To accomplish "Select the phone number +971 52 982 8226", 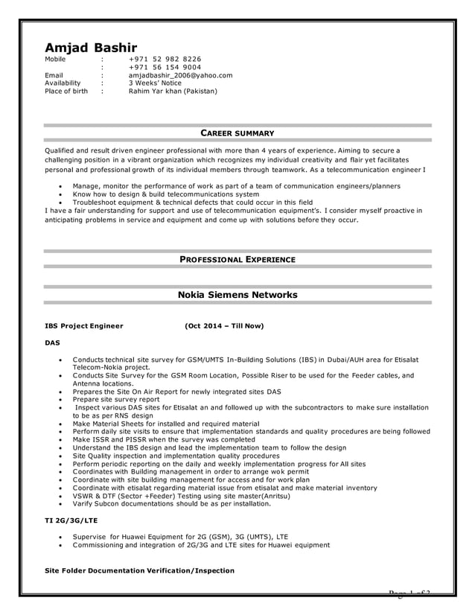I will (165, 59).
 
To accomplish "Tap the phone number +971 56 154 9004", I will (165, 67).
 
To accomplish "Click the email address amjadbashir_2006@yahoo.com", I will (180, 75).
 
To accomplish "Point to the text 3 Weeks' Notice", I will (155, 83).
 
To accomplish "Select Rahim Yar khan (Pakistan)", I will (173, 92).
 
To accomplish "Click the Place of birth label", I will (66, 92).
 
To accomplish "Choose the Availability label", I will (63, 83).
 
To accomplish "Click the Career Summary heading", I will (238, 133).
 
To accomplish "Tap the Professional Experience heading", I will (238, 259).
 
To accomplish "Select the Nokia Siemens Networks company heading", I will (238, 295).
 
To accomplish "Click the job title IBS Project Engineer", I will (84, 326).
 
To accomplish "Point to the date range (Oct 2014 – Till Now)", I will (224, 326).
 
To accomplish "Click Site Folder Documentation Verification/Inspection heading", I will (140, 570).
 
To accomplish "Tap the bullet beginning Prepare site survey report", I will (116, 399).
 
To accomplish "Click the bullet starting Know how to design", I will (166, 194).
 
